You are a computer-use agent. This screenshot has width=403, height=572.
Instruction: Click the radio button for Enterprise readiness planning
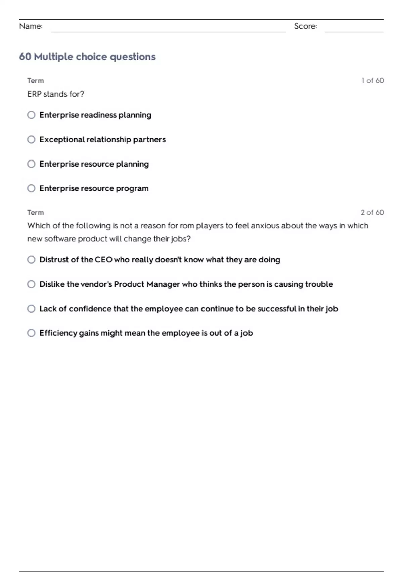(31, 115)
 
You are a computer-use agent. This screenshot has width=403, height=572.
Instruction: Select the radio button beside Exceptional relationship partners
(31, 139)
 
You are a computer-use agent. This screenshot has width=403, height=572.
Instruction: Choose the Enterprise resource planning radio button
(31, 164)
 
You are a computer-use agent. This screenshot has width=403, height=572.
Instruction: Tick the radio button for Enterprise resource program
(31, 188)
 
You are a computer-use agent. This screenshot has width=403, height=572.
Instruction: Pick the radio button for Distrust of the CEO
(31, 260)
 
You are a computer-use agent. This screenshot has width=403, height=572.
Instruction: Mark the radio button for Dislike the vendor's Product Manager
(31, 284)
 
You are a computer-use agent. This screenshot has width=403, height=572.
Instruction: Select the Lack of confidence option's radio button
(31, 309)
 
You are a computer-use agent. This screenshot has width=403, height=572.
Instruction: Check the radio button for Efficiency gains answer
(31, 333)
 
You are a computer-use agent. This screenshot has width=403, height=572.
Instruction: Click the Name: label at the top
(31, 26)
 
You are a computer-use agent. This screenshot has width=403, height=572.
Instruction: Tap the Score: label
(305, 26)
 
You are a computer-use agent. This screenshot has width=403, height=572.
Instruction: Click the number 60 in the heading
(25, 57)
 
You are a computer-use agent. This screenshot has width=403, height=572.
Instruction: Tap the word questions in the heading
(133, 57)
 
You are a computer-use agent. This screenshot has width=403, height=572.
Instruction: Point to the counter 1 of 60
(372, 81)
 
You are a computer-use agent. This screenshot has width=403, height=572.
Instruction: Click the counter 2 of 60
(372, 213)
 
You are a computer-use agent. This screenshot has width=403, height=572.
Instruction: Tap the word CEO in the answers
(103, 260)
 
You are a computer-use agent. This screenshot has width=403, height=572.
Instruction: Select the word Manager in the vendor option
(163, 284)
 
